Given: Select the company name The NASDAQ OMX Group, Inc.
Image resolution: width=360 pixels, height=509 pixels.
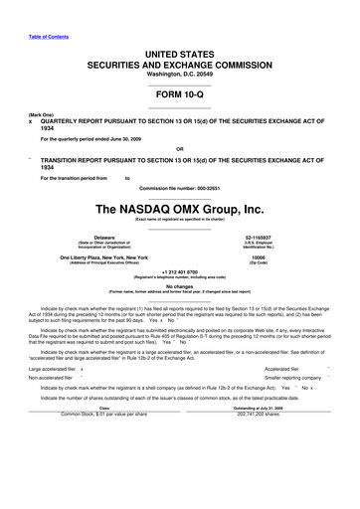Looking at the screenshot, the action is (179, 211).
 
